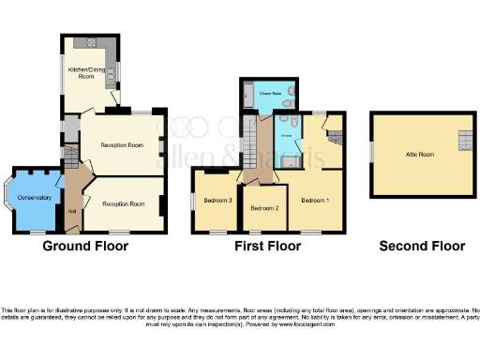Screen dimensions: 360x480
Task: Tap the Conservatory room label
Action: tap(35, 196)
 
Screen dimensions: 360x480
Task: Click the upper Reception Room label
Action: tap(122, 145)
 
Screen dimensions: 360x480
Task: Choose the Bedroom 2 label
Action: tap(263, 207)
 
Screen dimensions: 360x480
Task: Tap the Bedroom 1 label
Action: tap(315, 201)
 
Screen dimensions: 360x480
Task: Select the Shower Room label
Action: tap(271, 94)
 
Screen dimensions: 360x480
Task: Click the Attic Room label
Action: tap(419, 154)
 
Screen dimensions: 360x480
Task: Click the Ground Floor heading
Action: tap(85, 247)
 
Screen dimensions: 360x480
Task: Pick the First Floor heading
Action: tap(268, 247)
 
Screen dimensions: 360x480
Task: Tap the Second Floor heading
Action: tap(422, 247)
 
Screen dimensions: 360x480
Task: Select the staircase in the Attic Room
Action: tap(464, 141)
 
